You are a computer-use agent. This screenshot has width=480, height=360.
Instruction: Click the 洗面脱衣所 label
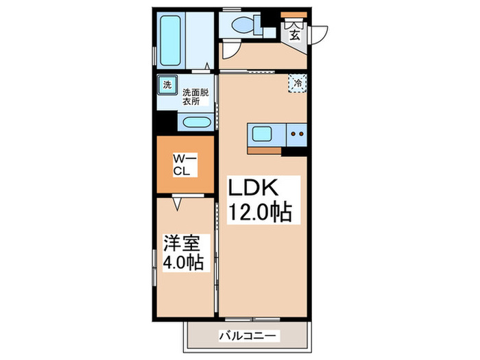[195, 96]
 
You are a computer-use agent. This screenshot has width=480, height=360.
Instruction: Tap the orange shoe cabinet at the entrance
[293, 15]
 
